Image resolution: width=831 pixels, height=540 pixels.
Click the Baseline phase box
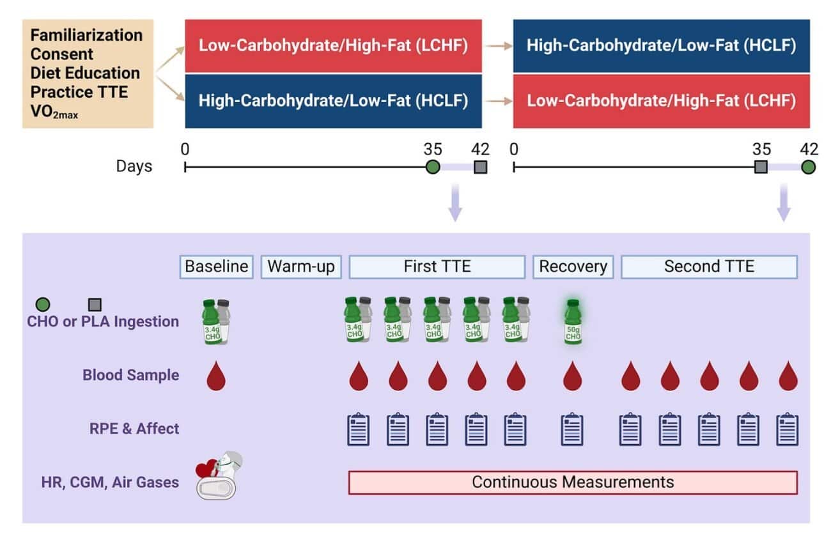[216, 266]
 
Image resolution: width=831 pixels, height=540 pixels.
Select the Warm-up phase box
[301, 266]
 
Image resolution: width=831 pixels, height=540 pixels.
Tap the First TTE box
[437, 266]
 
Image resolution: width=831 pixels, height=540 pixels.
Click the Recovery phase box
[573, 266]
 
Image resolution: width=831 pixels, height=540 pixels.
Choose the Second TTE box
[709, 266]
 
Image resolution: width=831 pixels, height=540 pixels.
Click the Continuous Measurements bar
[573, 482]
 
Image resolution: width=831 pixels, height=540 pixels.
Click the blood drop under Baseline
[216, 377]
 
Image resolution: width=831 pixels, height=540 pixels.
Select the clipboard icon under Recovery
[572, 429]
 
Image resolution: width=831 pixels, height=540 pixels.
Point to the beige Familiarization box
[88, 73]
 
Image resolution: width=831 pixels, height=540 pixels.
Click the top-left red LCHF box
[333, 46]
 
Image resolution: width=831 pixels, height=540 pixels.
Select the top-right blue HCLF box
[661, 46]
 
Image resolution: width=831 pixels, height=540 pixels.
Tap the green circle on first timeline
[433, 168]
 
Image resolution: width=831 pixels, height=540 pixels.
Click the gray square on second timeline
[761, 168]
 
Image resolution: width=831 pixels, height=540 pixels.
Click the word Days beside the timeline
[134, 167]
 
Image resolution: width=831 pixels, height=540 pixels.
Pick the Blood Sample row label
[130, 375]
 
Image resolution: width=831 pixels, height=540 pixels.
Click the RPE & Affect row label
[134, 428]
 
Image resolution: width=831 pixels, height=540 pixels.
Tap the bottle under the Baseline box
[216, 322]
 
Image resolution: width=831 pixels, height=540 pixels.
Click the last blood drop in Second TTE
[788, 377]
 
